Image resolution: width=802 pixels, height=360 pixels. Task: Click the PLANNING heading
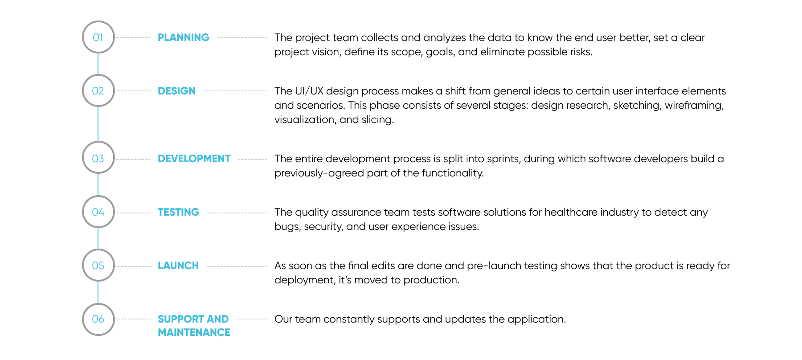(x=184, y=37)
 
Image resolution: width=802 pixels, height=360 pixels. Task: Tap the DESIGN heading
(x=176, y=91)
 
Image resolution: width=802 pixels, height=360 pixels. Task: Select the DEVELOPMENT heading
(x=194, y=159)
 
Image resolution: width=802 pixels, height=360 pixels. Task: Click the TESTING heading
(x=178, y=212)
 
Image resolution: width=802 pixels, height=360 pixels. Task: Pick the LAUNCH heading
(x=178, y=266)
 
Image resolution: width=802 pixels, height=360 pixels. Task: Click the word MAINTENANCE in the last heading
(x=194, y=332)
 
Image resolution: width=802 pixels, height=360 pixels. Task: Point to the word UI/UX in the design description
(x=309, y=91)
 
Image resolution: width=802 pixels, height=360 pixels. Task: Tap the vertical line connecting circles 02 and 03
(x=98, y=124)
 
